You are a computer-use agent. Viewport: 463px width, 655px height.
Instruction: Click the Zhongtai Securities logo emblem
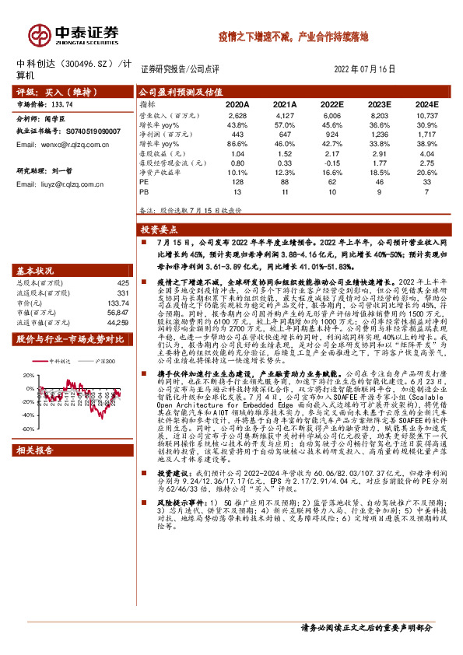coord(39,34)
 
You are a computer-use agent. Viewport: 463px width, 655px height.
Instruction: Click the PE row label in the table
coord(144,180)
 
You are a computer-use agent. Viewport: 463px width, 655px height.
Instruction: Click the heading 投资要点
coord(159,230)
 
